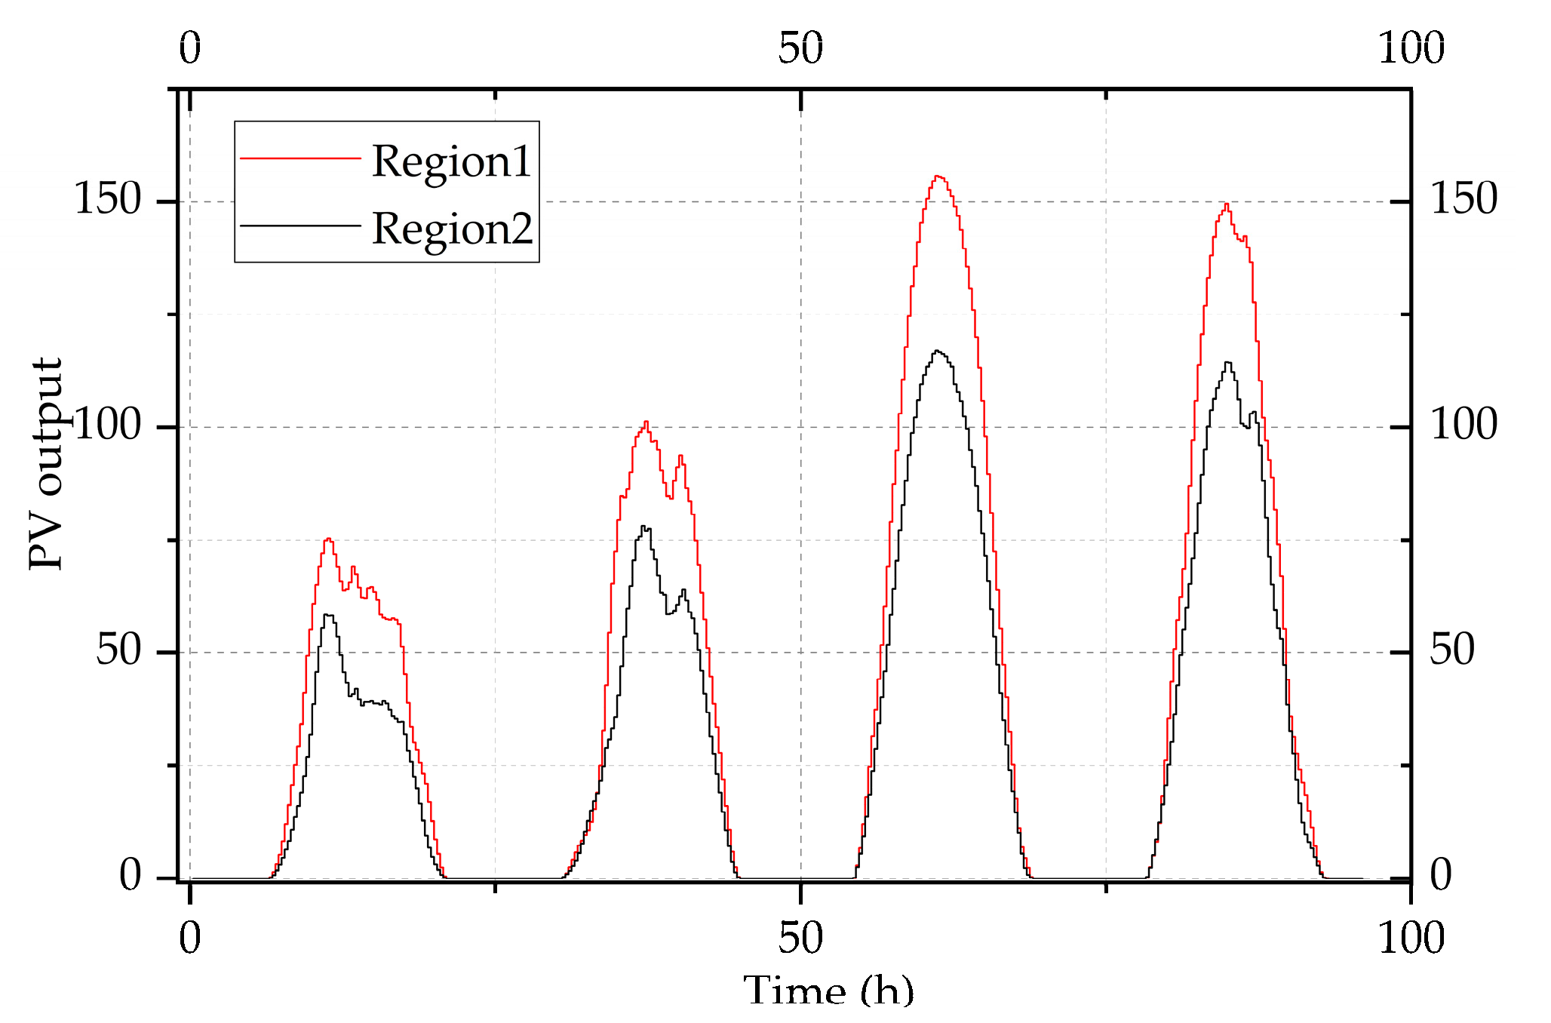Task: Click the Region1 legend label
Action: point(451,162)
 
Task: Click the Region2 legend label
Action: point(452,229)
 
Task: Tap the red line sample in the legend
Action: point(300,158)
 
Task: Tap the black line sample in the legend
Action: point(300,226)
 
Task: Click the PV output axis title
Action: point(45,464)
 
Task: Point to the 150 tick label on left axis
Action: point(108,200)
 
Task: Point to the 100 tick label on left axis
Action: point(108,425)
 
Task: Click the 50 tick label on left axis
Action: point(118,650)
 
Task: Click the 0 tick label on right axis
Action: point(1441,875)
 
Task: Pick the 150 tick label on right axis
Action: point(1463,200)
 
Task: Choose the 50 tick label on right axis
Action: point(1452,650)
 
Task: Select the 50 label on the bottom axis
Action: point(800,939)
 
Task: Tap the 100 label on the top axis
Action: point(1411,49)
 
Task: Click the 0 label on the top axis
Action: point(190,49)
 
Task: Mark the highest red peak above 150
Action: point(938,177)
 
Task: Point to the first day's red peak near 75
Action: point(328,539)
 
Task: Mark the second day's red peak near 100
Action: point(647,422)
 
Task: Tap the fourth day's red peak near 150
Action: point(1227,204)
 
